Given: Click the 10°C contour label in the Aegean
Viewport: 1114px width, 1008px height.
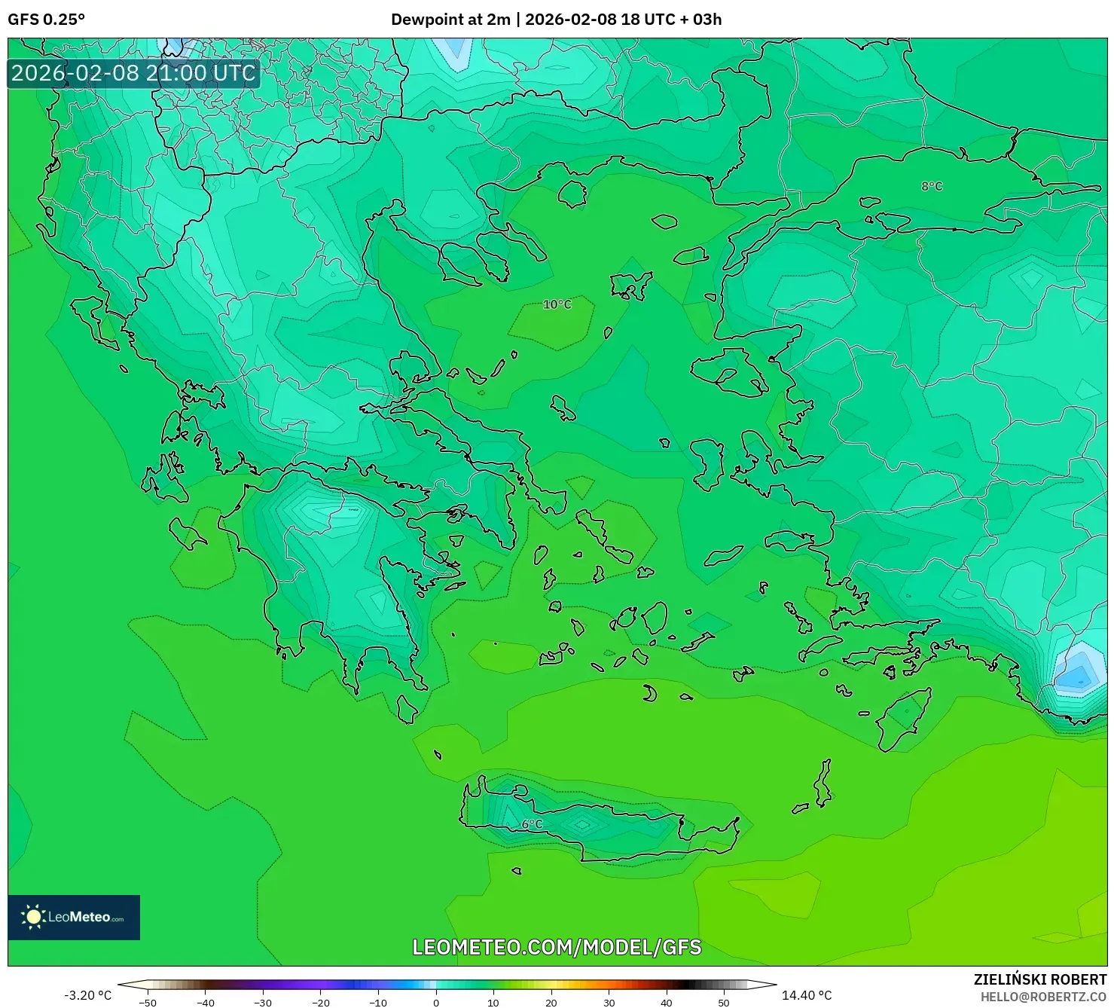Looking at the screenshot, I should [x=557, y=304].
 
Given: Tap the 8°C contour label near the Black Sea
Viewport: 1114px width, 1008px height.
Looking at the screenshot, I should [x=932, y=186].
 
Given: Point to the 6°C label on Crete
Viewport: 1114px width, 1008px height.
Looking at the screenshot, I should [x=532, y=824].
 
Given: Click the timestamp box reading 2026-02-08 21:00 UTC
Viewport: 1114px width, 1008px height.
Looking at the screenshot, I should [x=133, y=73].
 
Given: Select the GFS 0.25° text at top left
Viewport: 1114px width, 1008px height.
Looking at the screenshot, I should [x=47, y=20].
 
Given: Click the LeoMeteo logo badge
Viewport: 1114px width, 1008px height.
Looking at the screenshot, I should [x=74, y=917].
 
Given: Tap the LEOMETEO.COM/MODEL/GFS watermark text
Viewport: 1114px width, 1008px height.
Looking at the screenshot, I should [x=557, y=947].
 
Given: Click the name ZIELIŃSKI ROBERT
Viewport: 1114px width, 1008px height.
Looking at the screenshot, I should [x=1039, y=980].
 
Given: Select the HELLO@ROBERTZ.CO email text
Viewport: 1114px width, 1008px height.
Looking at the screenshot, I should [x=1043, y=997].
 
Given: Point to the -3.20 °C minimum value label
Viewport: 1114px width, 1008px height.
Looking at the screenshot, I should [x=87, y=995].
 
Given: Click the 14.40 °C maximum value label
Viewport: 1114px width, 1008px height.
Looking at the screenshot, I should [x=807, y=995].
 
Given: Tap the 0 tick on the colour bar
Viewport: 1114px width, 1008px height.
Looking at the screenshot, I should [x=436, y=1002].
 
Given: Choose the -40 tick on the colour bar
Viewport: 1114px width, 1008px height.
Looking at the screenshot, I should [x=205, y=1002].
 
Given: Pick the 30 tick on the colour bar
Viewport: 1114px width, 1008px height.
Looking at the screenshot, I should [x=609, y=1002].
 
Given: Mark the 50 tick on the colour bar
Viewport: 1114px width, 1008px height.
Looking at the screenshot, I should [x=724, y=1002].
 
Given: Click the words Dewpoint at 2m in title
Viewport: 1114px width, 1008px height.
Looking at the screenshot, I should [x=450, y=20].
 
